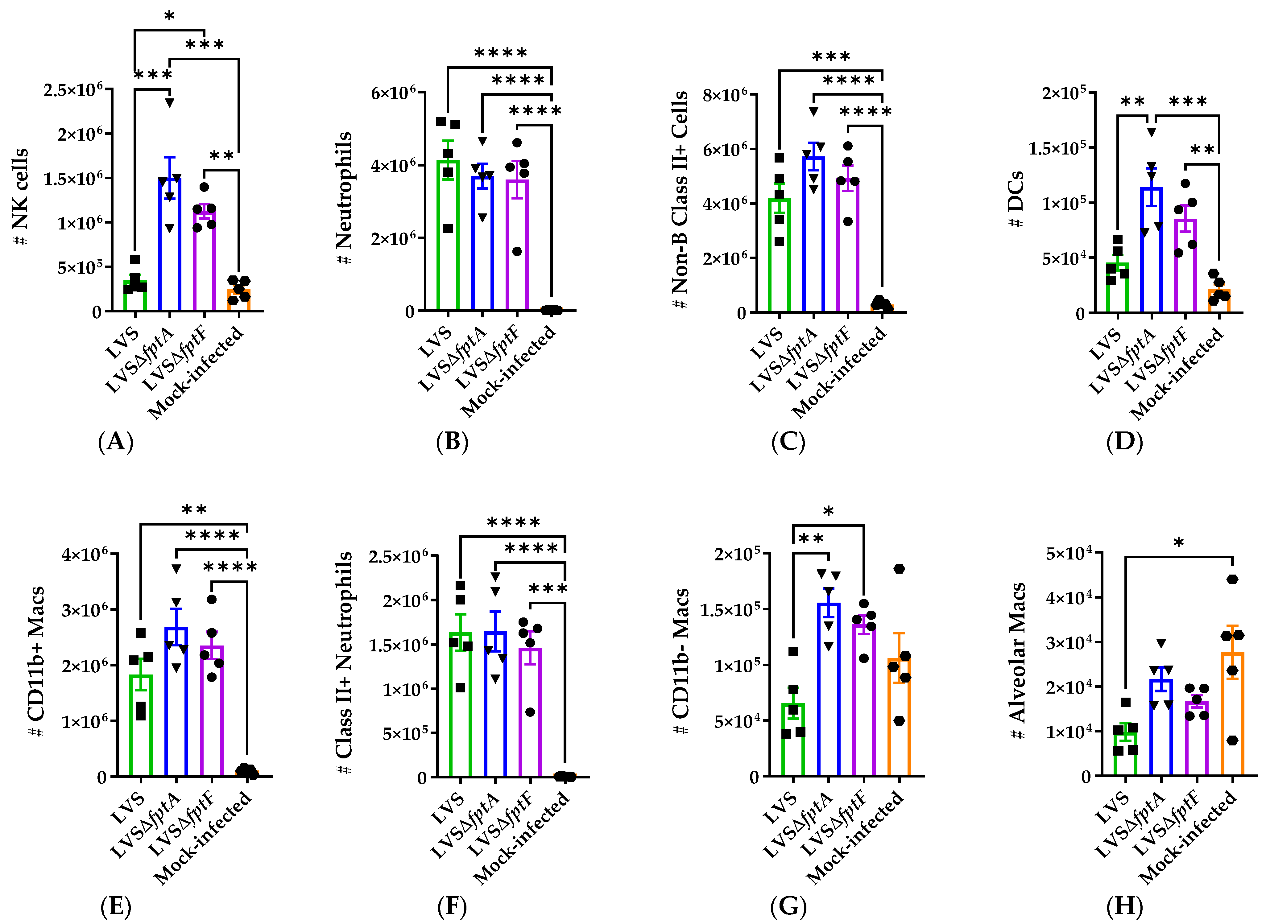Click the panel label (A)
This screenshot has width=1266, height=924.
point(116,442)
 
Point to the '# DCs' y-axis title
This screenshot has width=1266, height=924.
point(1016,199)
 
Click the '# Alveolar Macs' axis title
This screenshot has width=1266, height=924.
point(1016,660)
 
